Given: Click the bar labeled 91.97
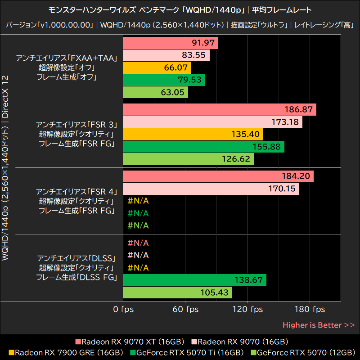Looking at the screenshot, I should pyautogui.click(x=170, y=43).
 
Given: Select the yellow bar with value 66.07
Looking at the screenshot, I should pyautogui.click(x=157, y=68).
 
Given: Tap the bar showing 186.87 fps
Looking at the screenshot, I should pyautogui.click(x=219, y=110).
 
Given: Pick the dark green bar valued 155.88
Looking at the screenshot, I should pyautogui.click(x=203, y=147).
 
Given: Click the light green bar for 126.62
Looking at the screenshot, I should pyautogui.click(x=188, y=159).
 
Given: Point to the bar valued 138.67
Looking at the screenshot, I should pyautogui.click(x=194, y=280).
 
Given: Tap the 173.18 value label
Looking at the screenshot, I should pyautogui.click(x=285, y=122).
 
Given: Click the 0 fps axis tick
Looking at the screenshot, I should pyautogui.click(x=123, y=310).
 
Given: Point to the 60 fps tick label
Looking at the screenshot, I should pyautogui.click(x=185, y=310).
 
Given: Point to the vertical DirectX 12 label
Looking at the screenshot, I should pyautogui.click(x=5, y=97).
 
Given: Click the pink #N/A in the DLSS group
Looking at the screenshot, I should pyautogui.click(x=138, y=243).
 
